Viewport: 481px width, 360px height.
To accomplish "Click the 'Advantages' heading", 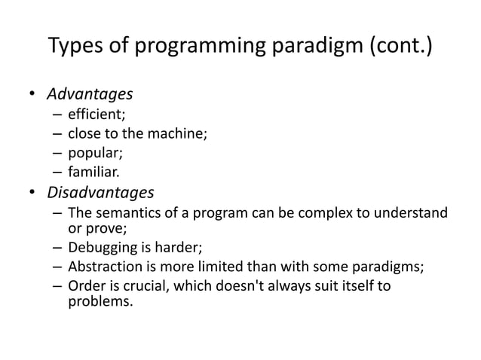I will coord(90,94).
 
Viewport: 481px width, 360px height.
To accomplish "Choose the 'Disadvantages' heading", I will coord(100,191).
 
